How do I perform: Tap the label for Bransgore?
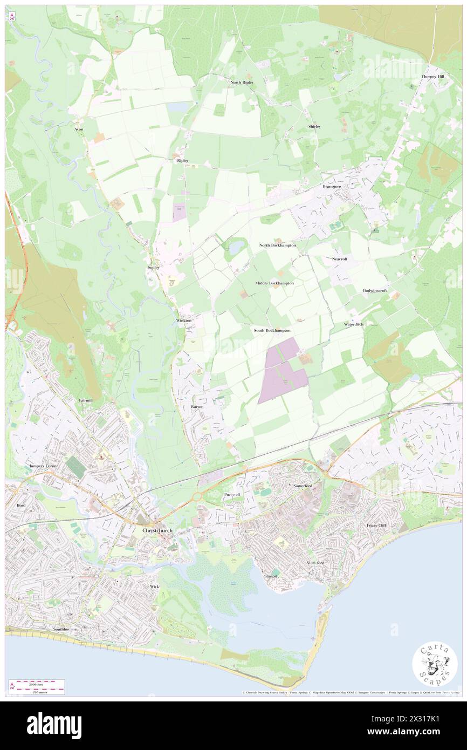tap(332, 186)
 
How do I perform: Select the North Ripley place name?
tap(242, 82)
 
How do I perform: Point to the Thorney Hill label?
tap(433, 77)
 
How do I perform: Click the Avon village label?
tap(79, 130)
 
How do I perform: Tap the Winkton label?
tap(184, 321)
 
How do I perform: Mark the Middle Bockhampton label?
tap(274, 283)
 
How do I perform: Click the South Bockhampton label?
tap(272, 330)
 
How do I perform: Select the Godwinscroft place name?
tap(375, 290)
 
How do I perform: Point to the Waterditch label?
tap(354, 324)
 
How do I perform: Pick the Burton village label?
tap(197, 406)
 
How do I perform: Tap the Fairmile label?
tap(86, 400)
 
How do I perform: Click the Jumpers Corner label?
tap(44, 465)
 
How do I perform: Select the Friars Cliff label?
tap(376, 525)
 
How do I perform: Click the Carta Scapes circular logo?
tap(435, 664)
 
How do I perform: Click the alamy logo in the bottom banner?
tap(54, 725)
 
